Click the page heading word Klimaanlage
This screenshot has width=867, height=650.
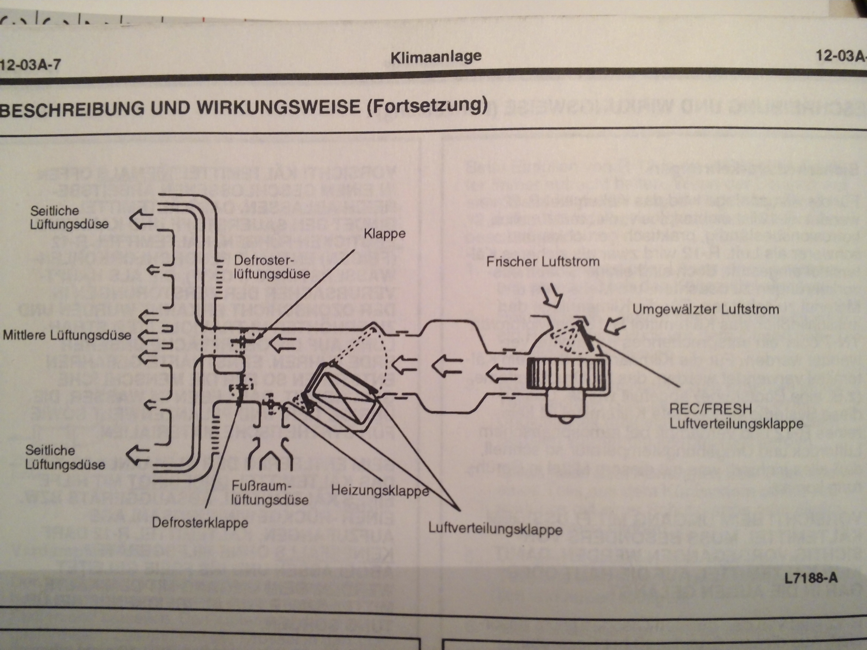pos(436,57)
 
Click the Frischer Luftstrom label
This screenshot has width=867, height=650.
pos(543,261)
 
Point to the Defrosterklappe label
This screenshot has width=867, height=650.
pos(200,523)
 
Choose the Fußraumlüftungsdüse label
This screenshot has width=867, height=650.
pos(270,493)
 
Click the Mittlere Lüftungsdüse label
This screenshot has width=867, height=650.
pos(67,335)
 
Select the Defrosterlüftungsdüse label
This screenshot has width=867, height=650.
pos(272,267)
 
